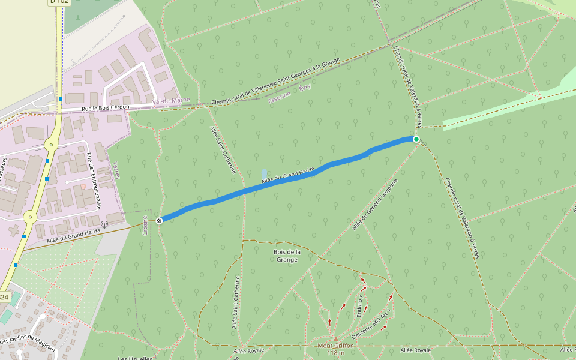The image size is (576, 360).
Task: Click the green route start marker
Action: (416, 139)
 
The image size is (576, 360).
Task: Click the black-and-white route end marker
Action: (159, 221)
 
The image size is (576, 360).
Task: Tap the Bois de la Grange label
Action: (286, 256)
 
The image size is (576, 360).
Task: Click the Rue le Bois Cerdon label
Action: (106, 109)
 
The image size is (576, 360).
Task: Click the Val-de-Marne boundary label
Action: (171, 101)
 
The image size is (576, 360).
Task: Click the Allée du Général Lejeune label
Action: (375, 205)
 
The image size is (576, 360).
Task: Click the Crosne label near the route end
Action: (145, 225)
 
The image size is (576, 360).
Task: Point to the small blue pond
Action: (264, 173)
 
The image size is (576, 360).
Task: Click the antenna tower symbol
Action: (104, 226)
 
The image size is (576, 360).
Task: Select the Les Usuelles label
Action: (135, 358)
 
